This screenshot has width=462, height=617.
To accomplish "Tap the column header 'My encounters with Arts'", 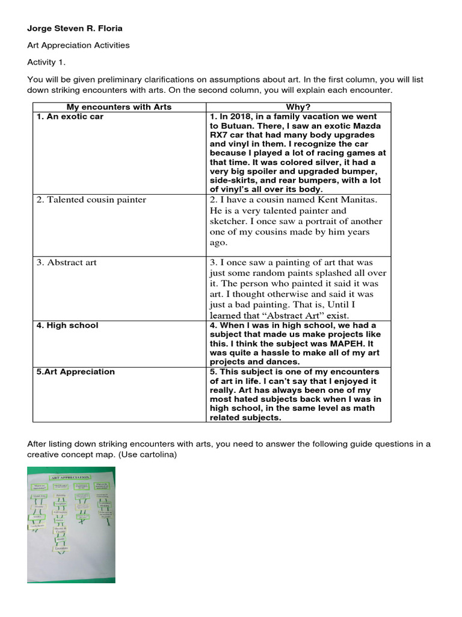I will pyautogui.click(x=119, y=107).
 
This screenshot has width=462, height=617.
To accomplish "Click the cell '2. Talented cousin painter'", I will pyautogui.click(x=91, y=200).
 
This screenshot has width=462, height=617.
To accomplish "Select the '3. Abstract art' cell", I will pyautogui.click(x=66, y=263).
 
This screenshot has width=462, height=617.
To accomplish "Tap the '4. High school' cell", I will pyautogui.click(x=67, y=325).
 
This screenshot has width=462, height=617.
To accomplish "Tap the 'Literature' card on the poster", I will pyautogui.click(x=61, y=548).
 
